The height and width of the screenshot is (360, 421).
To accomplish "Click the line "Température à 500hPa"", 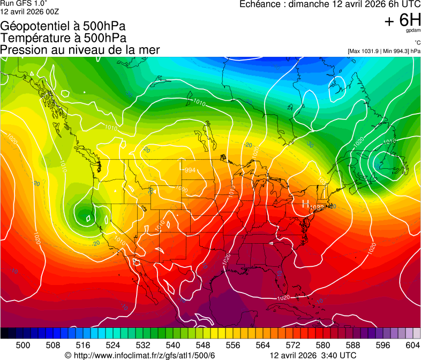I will point(63,38).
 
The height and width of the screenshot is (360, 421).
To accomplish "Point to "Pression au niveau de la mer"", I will point(80,50).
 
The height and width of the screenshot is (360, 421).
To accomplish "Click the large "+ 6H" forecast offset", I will point(402,21).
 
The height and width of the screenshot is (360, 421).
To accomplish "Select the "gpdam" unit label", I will point(414,31).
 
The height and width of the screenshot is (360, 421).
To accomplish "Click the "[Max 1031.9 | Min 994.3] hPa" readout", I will point(384,51).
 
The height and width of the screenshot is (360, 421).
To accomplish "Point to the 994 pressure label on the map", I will point(189,170).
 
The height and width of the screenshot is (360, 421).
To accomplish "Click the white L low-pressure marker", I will point(181,167).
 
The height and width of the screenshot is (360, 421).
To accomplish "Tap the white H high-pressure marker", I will point(305,204).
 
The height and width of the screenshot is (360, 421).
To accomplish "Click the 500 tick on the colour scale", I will point(23,345).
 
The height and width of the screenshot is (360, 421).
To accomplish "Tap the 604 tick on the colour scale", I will point(413,345).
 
